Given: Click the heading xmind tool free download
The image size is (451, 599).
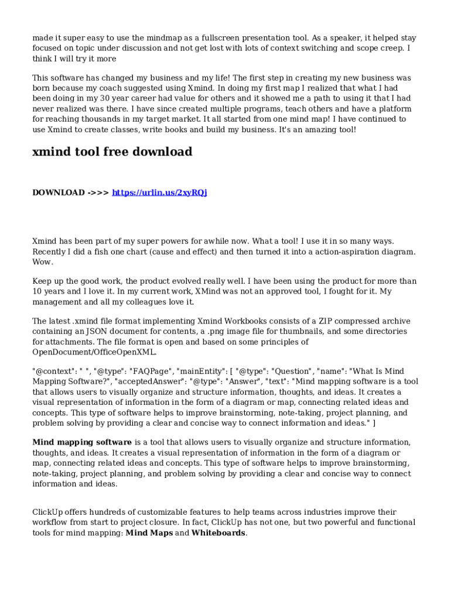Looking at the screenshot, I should point(112,152).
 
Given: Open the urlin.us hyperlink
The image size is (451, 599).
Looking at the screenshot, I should point(159,192).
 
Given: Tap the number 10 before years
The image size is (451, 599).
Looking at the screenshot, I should point(37,291).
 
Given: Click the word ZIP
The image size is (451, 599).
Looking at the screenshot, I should point(326,321).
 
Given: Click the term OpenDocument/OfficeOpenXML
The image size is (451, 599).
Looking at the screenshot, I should point(94,352).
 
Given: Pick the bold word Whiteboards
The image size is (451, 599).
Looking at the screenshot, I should point(218,533).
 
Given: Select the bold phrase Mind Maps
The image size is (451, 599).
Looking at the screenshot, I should point(149,533).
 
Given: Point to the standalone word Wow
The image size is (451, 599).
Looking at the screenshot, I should point(42,262).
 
